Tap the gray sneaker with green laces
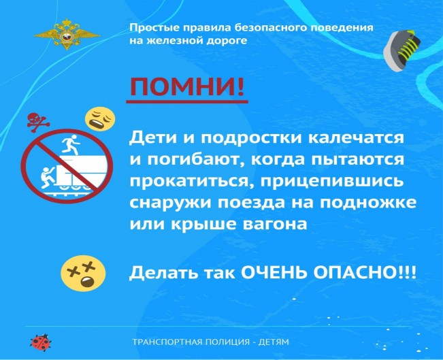(401, 50)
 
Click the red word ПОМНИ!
(187, 87)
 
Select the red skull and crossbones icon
(38, 122)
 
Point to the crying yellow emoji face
(100, 119)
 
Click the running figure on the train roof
(71, 144)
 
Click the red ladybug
(41, 341)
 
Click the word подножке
(368, 203)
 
